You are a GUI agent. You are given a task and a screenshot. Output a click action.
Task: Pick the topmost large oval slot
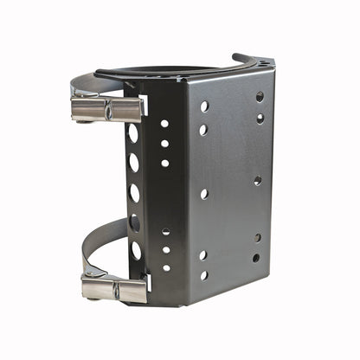coord(133,133)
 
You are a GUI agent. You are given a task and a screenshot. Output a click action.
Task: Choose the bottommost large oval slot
coord(136,251)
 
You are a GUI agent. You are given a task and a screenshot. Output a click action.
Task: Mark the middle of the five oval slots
coord(134,192)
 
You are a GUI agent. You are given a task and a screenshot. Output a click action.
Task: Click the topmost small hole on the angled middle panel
coord(164,124)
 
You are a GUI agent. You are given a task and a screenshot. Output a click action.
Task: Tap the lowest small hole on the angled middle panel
coord(166,268)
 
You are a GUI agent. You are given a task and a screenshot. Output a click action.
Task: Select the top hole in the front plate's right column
coord(260,96)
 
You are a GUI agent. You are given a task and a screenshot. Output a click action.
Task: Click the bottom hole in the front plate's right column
coord(256,258)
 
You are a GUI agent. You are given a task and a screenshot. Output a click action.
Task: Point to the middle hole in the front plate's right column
coord(257,181)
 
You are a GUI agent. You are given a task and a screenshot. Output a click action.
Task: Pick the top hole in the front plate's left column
coord(204,106)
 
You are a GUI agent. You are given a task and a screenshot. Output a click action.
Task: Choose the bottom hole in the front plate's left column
coord(203,275)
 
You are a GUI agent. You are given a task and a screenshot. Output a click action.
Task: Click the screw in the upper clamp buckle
coord(108,111)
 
